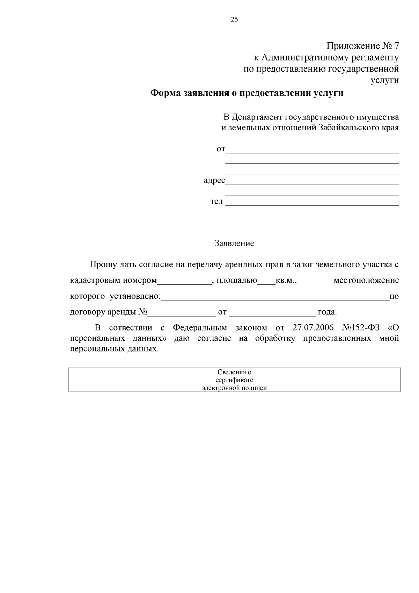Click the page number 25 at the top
pos(234,20)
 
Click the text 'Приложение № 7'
pos(362,46)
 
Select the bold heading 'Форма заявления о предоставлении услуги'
pos(247,93)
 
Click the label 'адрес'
pos(214,181)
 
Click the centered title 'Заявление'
pos(234,244)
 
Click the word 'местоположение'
pos(366,281)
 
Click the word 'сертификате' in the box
pos(234,380)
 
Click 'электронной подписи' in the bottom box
pos(234,388)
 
